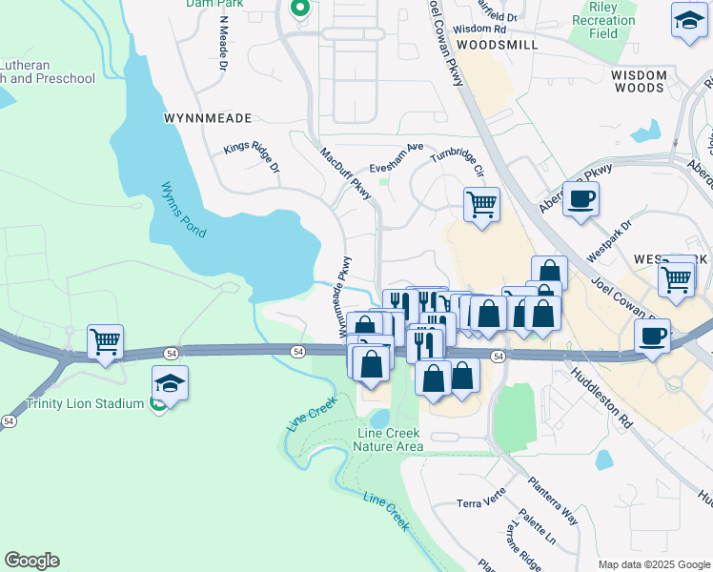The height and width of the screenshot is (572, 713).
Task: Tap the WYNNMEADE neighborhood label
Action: [208, 118]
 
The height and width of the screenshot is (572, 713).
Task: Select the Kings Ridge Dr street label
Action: [252, 157]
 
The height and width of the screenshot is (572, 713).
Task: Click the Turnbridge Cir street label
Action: [458, 162]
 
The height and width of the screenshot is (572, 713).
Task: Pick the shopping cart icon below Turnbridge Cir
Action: [481, 204]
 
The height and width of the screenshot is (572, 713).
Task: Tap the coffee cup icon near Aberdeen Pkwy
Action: [581, 198]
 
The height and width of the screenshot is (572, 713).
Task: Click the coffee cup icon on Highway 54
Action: [653, 337]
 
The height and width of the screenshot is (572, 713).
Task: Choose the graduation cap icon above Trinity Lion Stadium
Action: [170, 383]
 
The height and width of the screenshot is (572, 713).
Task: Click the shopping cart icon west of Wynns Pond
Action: [105, 341]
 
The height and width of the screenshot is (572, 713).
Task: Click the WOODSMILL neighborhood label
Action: [497, 45]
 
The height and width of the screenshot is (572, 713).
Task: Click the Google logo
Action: [31, 561]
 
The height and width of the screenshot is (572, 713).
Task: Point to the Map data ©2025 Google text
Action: [653, 564]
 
